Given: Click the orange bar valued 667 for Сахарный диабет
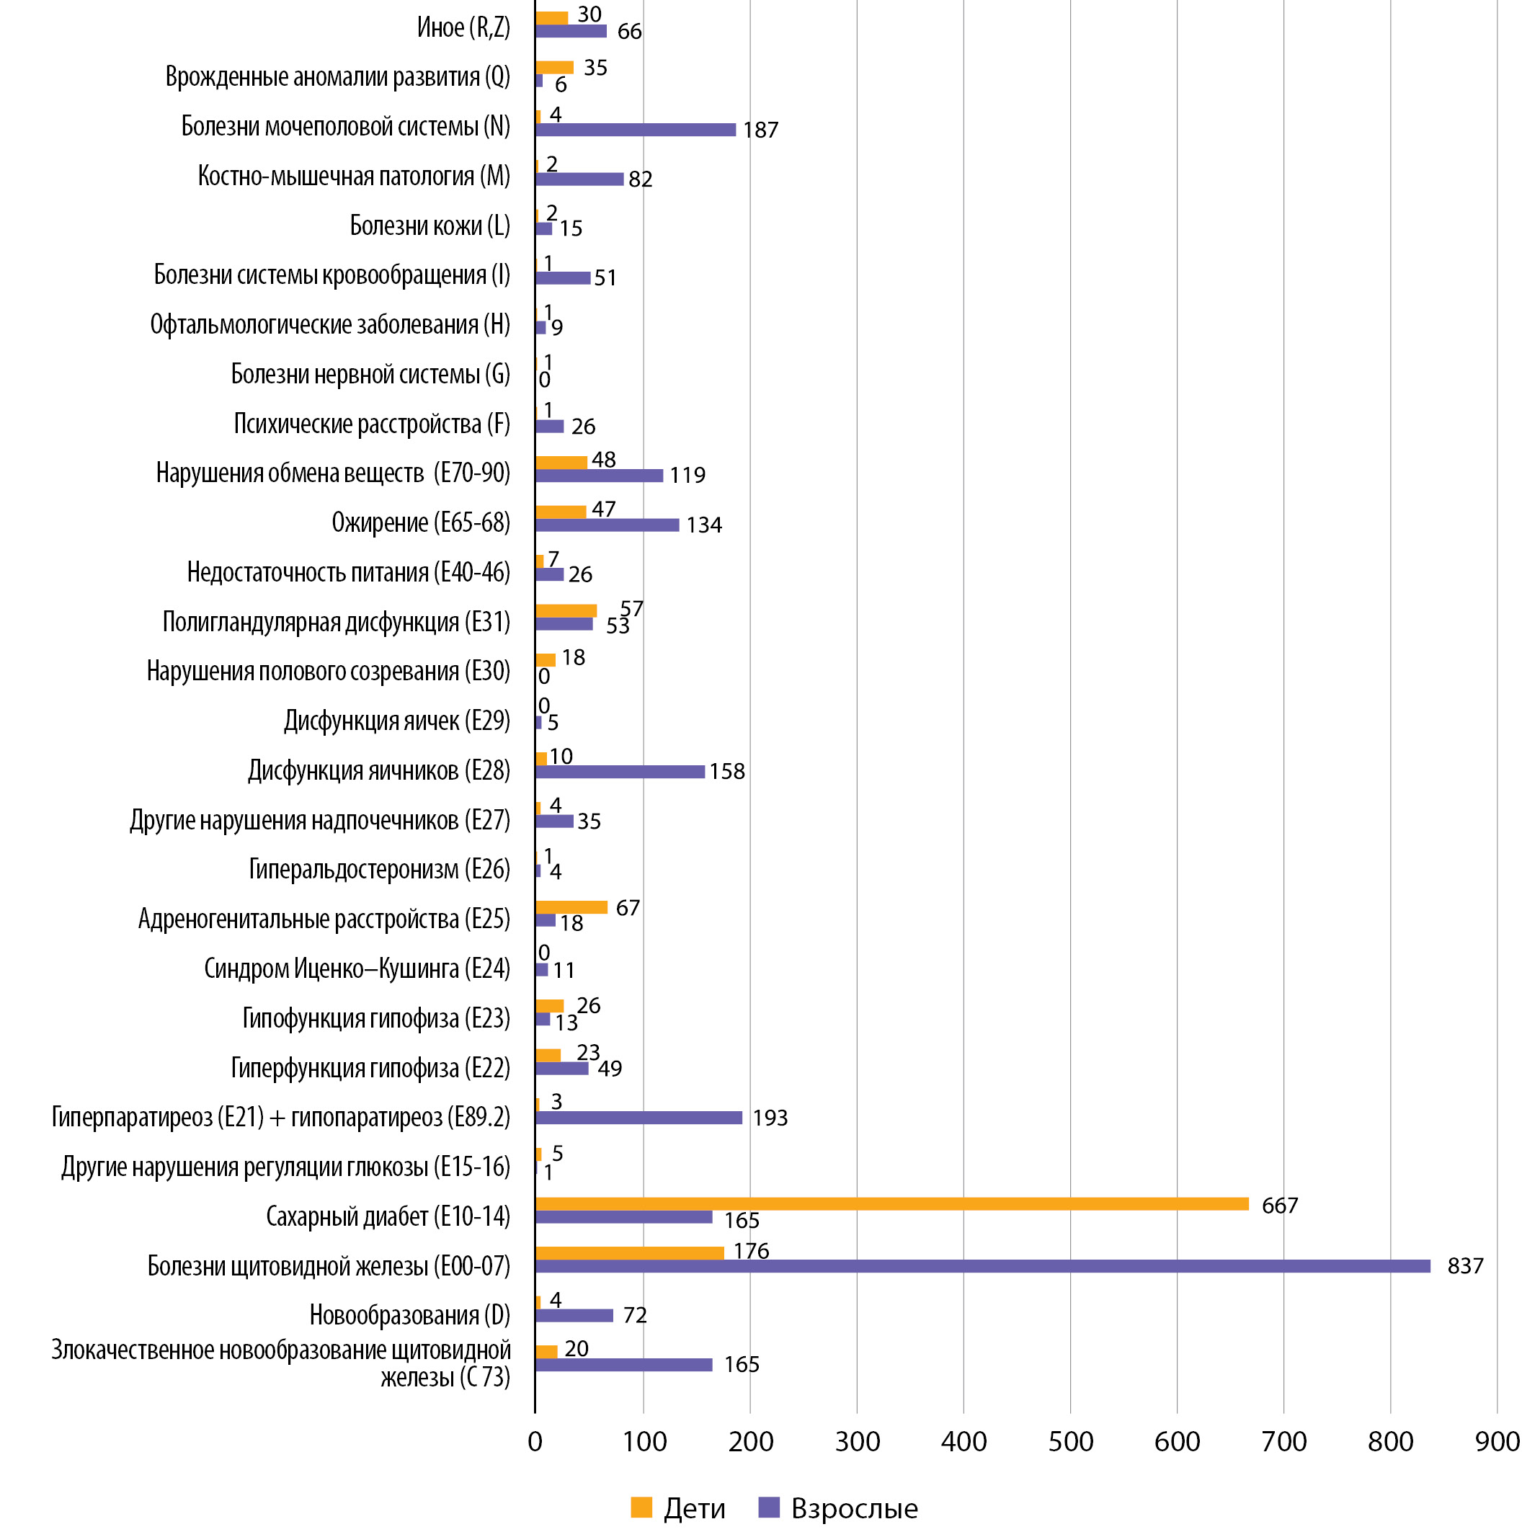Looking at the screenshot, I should pyautogui.click(x=891, y=1203).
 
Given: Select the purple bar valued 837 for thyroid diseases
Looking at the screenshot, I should pyautogui.click(x=982, y=1266).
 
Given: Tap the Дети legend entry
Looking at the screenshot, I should pyautogui.click(x=679, y=1507).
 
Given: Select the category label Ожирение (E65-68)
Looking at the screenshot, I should pyautogui.click(x=420, y=522).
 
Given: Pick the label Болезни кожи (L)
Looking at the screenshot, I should pyautogui.click(x=430, y=226).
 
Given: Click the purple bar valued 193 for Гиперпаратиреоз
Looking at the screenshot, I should pyautogui.click(x=638, y=1117).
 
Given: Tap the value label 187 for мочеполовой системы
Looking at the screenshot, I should pyautogui.click(x=760, y=129).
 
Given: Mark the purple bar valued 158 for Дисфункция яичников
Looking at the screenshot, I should pyautogui.click(x=620, y=772).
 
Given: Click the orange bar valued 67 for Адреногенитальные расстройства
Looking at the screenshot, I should pyautogui.click(x=571, y=907).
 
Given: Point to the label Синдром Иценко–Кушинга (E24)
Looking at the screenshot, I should pyautogui.click(x=357, y=968).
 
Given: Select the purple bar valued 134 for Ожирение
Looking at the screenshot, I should pyautogui.click(x=607, y=525).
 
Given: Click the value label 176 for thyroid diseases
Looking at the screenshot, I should pyautogui.click(x=751, y=1250).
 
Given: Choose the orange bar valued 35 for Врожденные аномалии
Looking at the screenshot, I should pyautogui.click(x=554, y=68).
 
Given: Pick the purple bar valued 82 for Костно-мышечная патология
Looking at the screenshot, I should pyautogui.click(x=579, y=179).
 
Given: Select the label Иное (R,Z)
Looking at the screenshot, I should pyautogui.click(x=463, y=28).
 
